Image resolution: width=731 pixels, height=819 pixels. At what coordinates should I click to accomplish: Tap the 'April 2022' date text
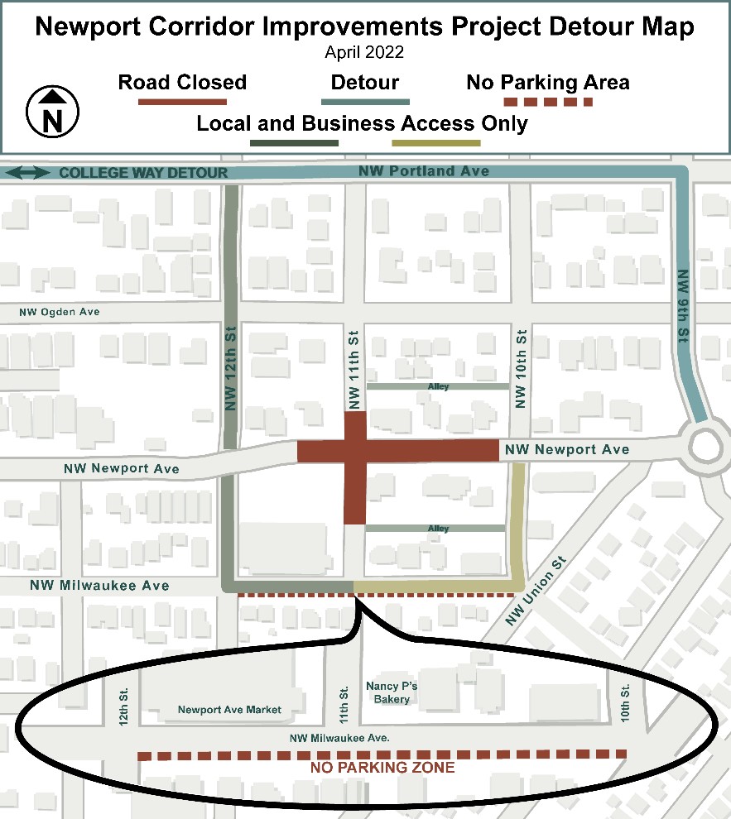(365, 52)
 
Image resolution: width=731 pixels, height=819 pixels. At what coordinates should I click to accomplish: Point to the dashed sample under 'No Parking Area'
(548, 102)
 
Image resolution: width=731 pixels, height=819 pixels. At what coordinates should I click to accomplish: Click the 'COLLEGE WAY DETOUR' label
(142, 173)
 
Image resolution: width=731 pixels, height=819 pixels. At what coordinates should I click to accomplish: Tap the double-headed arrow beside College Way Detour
(27, 173)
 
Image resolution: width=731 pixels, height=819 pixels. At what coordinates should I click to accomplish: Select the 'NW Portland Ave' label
(424, 171)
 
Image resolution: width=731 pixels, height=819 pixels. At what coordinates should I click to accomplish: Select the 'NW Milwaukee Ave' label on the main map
(99, 586)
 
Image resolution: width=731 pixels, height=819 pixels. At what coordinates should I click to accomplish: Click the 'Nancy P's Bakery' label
(387, 692)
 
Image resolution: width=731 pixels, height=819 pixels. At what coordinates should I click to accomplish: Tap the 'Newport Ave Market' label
(229, 710)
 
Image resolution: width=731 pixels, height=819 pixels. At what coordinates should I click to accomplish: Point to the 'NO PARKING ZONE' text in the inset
(382, 768)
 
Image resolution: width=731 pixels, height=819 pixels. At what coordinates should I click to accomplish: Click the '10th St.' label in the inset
(625, 700)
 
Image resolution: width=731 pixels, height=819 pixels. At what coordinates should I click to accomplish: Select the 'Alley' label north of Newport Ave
(438, 386)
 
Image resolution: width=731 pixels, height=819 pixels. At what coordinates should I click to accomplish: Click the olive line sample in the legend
(436, 143)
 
